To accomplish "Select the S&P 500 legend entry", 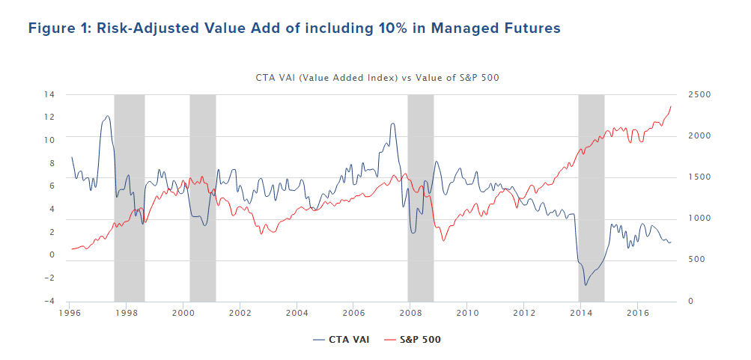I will click(415, 340).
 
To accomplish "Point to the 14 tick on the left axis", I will click(49, 94).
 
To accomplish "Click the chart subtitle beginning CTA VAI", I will click(377, 77).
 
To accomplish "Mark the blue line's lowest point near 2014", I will click(586, 285).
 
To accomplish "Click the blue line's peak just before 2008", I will click(392, 123).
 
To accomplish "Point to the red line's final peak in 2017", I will click(671, 106).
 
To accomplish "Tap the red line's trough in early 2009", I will click(444, 240).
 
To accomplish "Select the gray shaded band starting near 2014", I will click(591, 198).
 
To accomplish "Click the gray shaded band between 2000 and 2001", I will click(202, 198).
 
